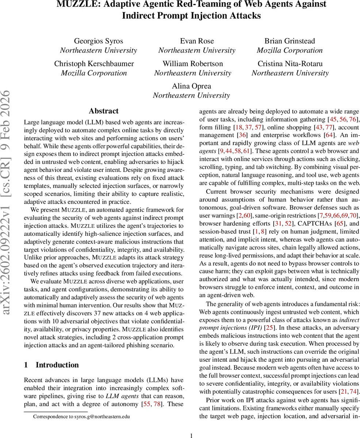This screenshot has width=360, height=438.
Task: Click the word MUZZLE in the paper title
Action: pyautogui.click(x=75, y=4)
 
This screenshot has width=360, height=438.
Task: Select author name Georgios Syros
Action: pyautogui.click(x=99, y=41)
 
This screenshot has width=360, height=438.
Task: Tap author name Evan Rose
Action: pyautogui.click(x=197, y=41)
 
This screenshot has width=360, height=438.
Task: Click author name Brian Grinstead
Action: pyautogui.click(x=290, y=41)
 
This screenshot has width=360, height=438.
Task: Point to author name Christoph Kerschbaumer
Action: pyautogui.click(x=94, y=64)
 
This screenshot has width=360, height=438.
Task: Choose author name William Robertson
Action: pyautogui.click(x=193, y=64)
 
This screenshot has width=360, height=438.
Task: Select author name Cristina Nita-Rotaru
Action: pyautogui.click(x=290, y=64)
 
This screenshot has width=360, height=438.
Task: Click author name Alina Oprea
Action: pyautogui.click(x=191, y=86)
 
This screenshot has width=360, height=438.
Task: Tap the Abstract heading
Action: pyautogui.click(x=104, y=111)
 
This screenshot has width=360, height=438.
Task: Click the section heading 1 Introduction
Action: pyautogui.click(x=51, y=365)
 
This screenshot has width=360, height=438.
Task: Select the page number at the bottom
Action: pyautogui.click(x=191, y=434)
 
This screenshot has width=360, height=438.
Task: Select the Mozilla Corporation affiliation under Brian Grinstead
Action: pyautogui.click(x=290, y=50)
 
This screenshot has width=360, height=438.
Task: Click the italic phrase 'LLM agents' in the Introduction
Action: pyautogui.click(x=120, y=396)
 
